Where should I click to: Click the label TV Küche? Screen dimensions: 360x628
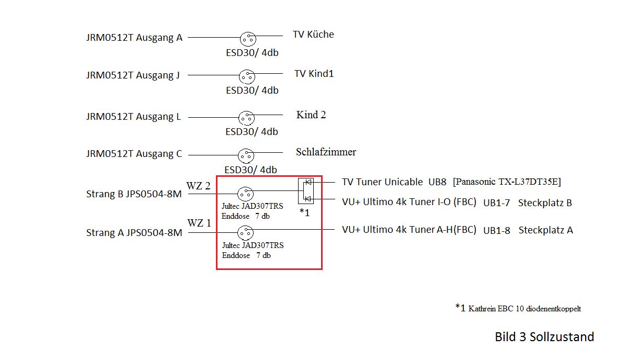[x=313, y=35]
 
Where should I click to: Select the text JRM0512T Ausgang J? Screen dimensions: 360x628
[x=133, y=75]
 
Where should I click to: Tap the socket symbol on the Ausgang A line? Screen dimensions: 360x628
[x=248, y=39]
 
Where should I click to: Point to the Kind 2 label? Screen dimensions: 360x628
[x=311, y=115]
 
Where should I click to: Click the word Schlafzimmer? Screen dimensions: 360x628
[x=326, y=152]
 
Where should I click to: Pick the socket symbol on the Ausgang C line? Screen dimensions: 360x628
[x=245, y=155]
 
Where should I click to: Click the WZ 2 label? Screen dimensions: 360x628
[x=199, y=186]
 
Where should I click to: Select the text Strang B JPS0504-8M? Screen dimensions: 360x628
[x=134, y=194]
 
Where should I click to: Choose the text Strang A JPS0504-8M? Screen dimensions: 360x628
[x=134, y=233]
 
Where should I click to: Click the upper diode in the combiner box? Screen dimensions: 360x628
[x=309, y=182]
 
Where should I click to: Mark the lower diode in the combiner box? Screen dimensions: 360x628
[x=309, y=199]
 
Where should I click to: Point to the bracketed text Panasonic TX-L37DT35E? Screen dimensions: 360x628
[x=507, y=182]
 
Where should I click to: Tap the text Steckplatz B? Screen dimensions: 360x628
[x=545, y=203]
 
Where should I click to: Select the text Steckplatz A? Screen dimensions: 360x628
[x=545, y=230]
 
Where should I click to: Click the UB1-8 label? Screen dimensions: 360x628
[x=497, y=230]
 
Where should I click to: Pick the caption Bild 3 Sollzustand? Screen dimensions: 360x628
[x=544, y=336]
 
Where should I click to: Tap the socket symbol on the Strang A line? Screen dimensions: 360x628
[x=245, y=232]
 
